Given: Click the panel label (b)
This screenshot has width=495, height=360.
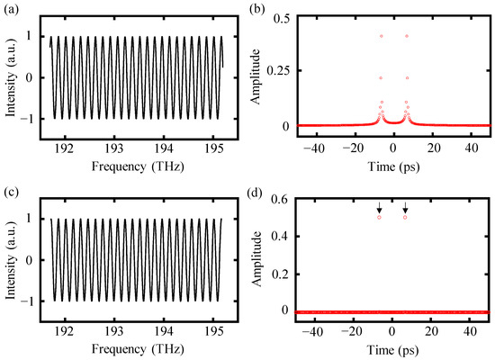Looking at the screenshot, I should click(260, 8).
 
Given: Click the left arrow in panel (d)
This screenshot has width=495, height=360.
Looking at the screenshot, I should click(380, 206).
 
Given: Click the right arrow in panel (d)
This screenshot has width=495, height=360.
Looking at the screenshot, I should click(406, 206).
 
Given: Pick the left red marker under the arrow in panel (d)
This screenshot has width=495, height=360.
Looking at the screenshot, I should click(380, 217).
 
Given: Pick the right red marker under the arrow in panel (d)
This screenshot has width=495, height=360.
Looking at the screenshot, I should click(406, 217).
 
